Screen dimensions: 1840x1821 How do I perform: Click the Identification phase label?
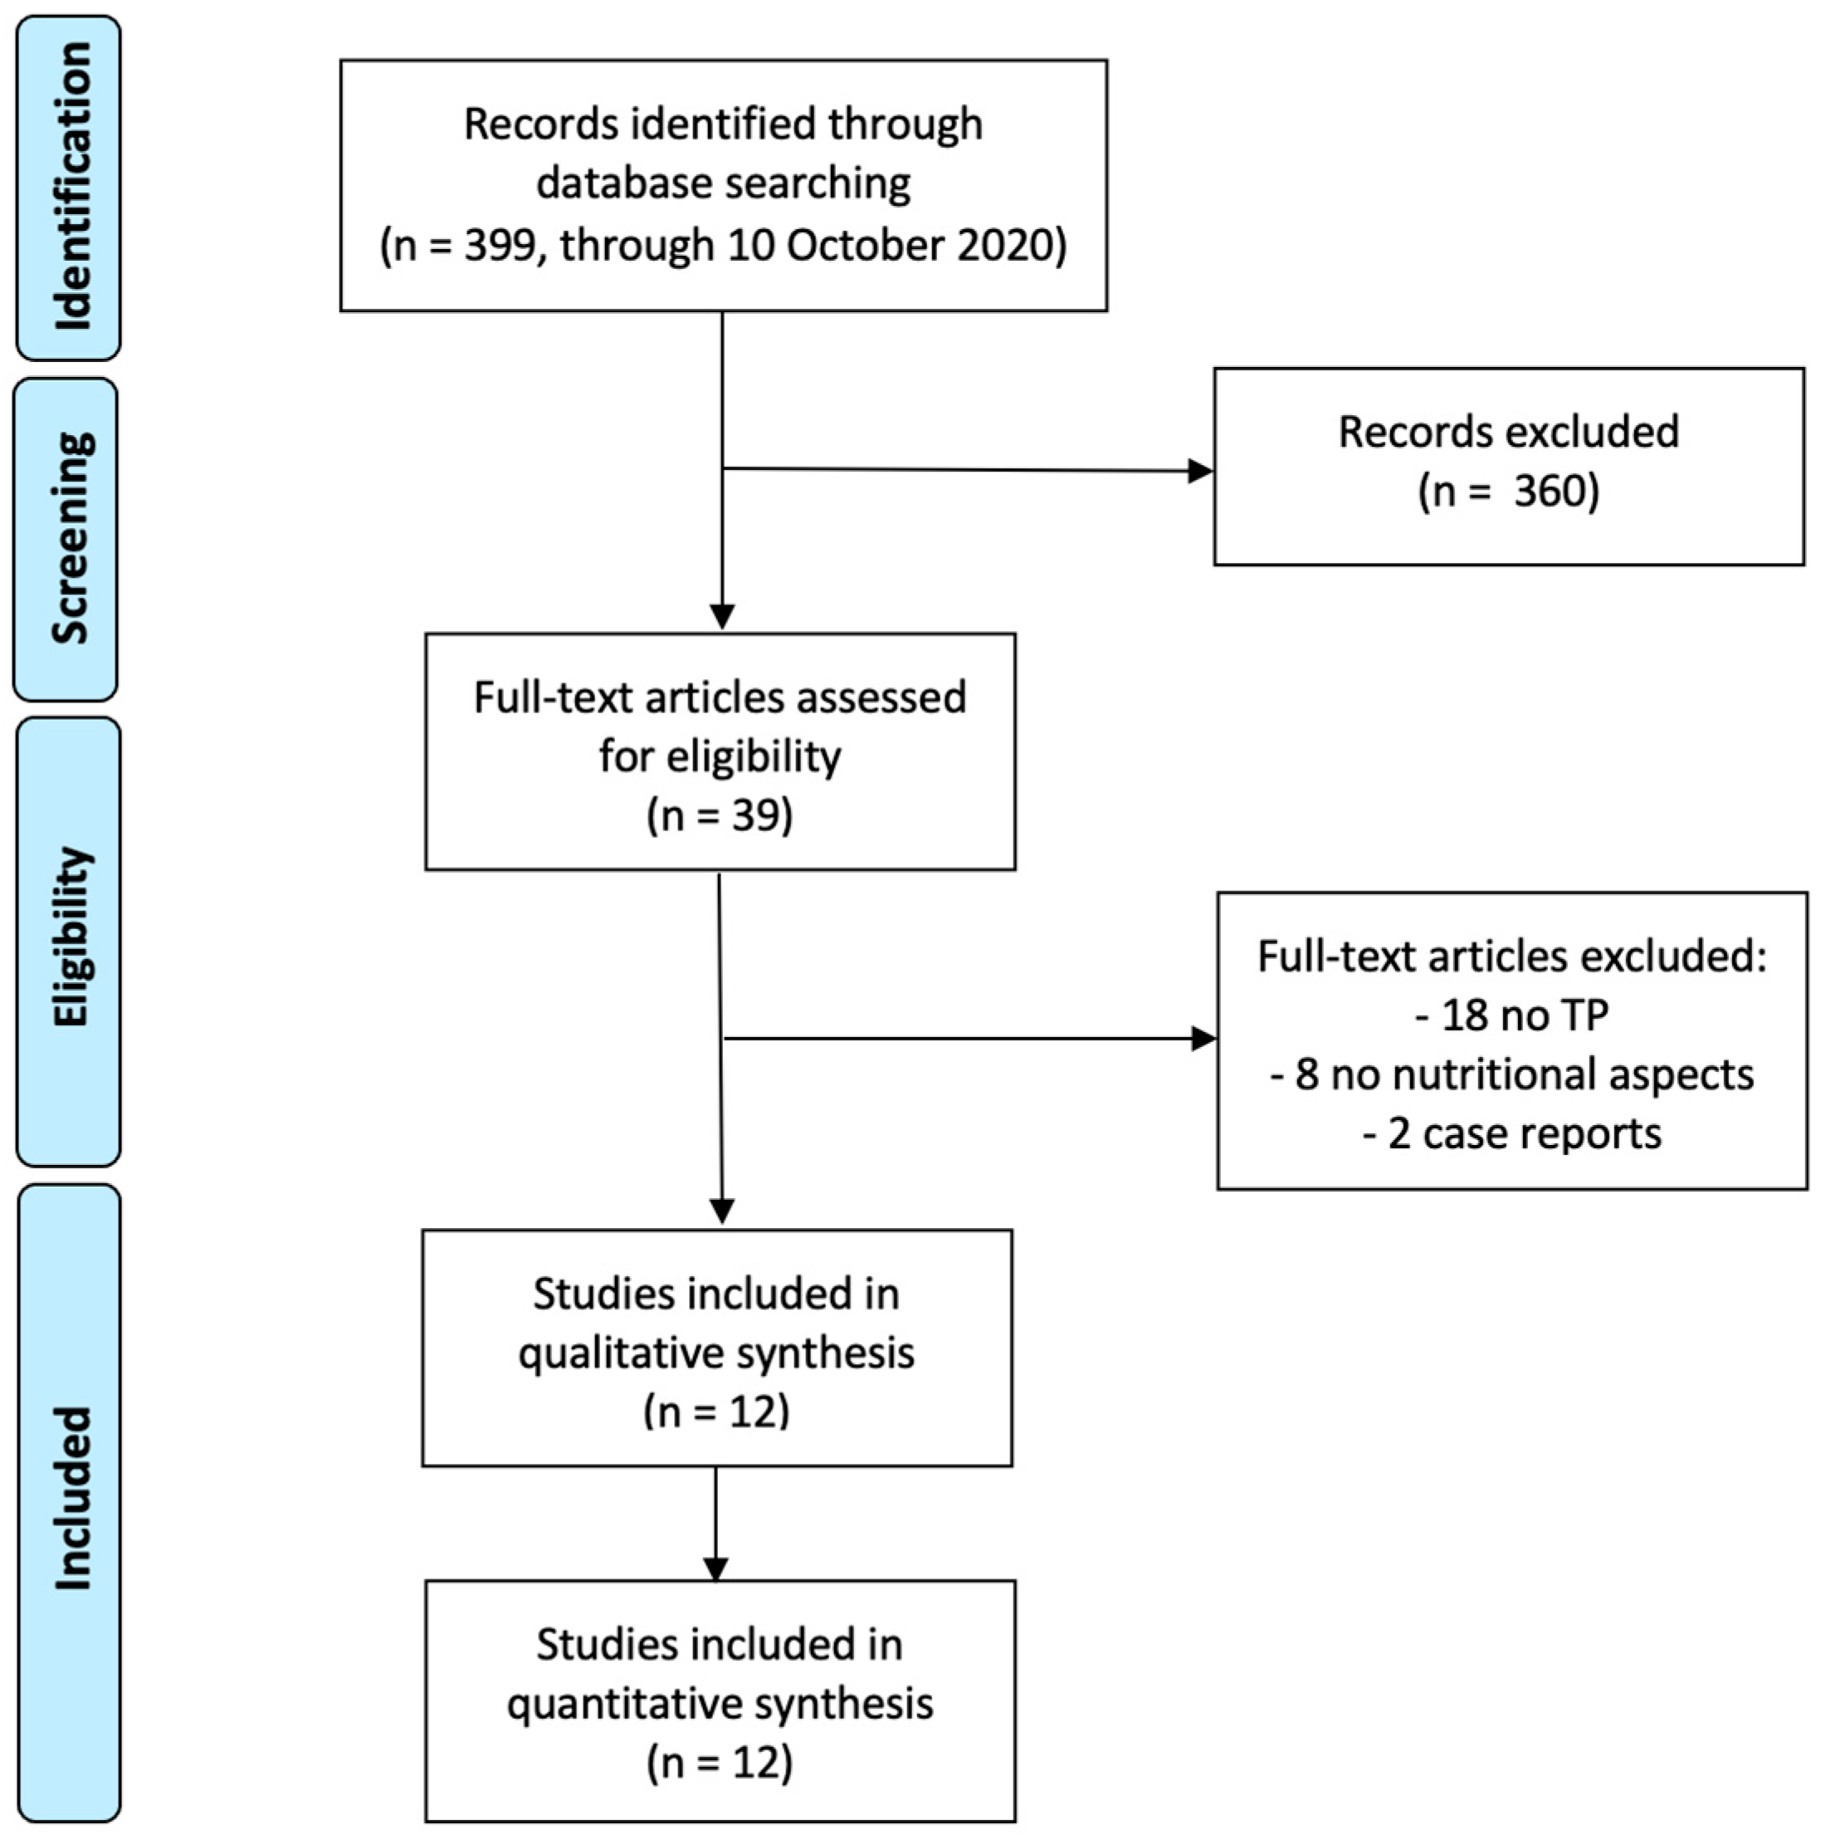[71, 187]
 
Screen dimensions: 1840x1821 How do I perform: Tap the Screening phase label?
[71, 538]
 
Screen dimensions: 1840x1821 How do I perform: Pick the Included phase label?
[71, 1499]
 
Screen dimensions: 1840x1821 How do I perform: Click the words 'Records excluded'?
[1508, 433]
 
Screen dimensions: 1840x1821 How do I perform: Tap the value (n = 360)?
[1508, 492]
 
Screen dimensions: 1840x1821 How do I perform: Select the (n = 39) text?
[720, 815]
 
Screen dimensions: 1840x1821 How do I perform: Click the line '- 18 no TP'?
[1511, 1015]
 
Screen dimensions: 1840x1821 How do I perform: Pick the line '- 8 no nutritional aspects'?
[1511, 1074]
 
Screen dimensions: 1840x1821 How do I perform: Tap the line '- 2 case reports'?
[1511, 1133]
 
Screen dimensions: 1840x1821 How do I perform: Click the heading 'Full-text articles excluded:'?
[1511, 957]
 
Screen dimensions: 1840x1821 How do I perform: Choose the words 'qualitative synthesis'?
[715, 1353]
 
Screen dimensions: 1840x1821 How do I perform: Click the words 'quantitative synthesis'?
[720, 1704]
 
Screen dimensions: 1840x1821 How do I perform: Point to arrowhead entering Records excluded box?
[1201, 471]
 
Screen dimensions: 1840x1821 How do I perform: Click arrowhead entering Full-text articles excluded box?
[1204, 1038]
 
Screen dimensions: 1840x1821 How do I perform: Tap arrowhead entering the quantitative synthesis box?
[715, 1568]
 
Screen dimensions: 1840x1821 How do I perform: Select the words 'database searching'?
[724, 184]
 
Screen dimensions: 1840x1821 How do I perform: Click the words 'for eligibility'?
[720, 756]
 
